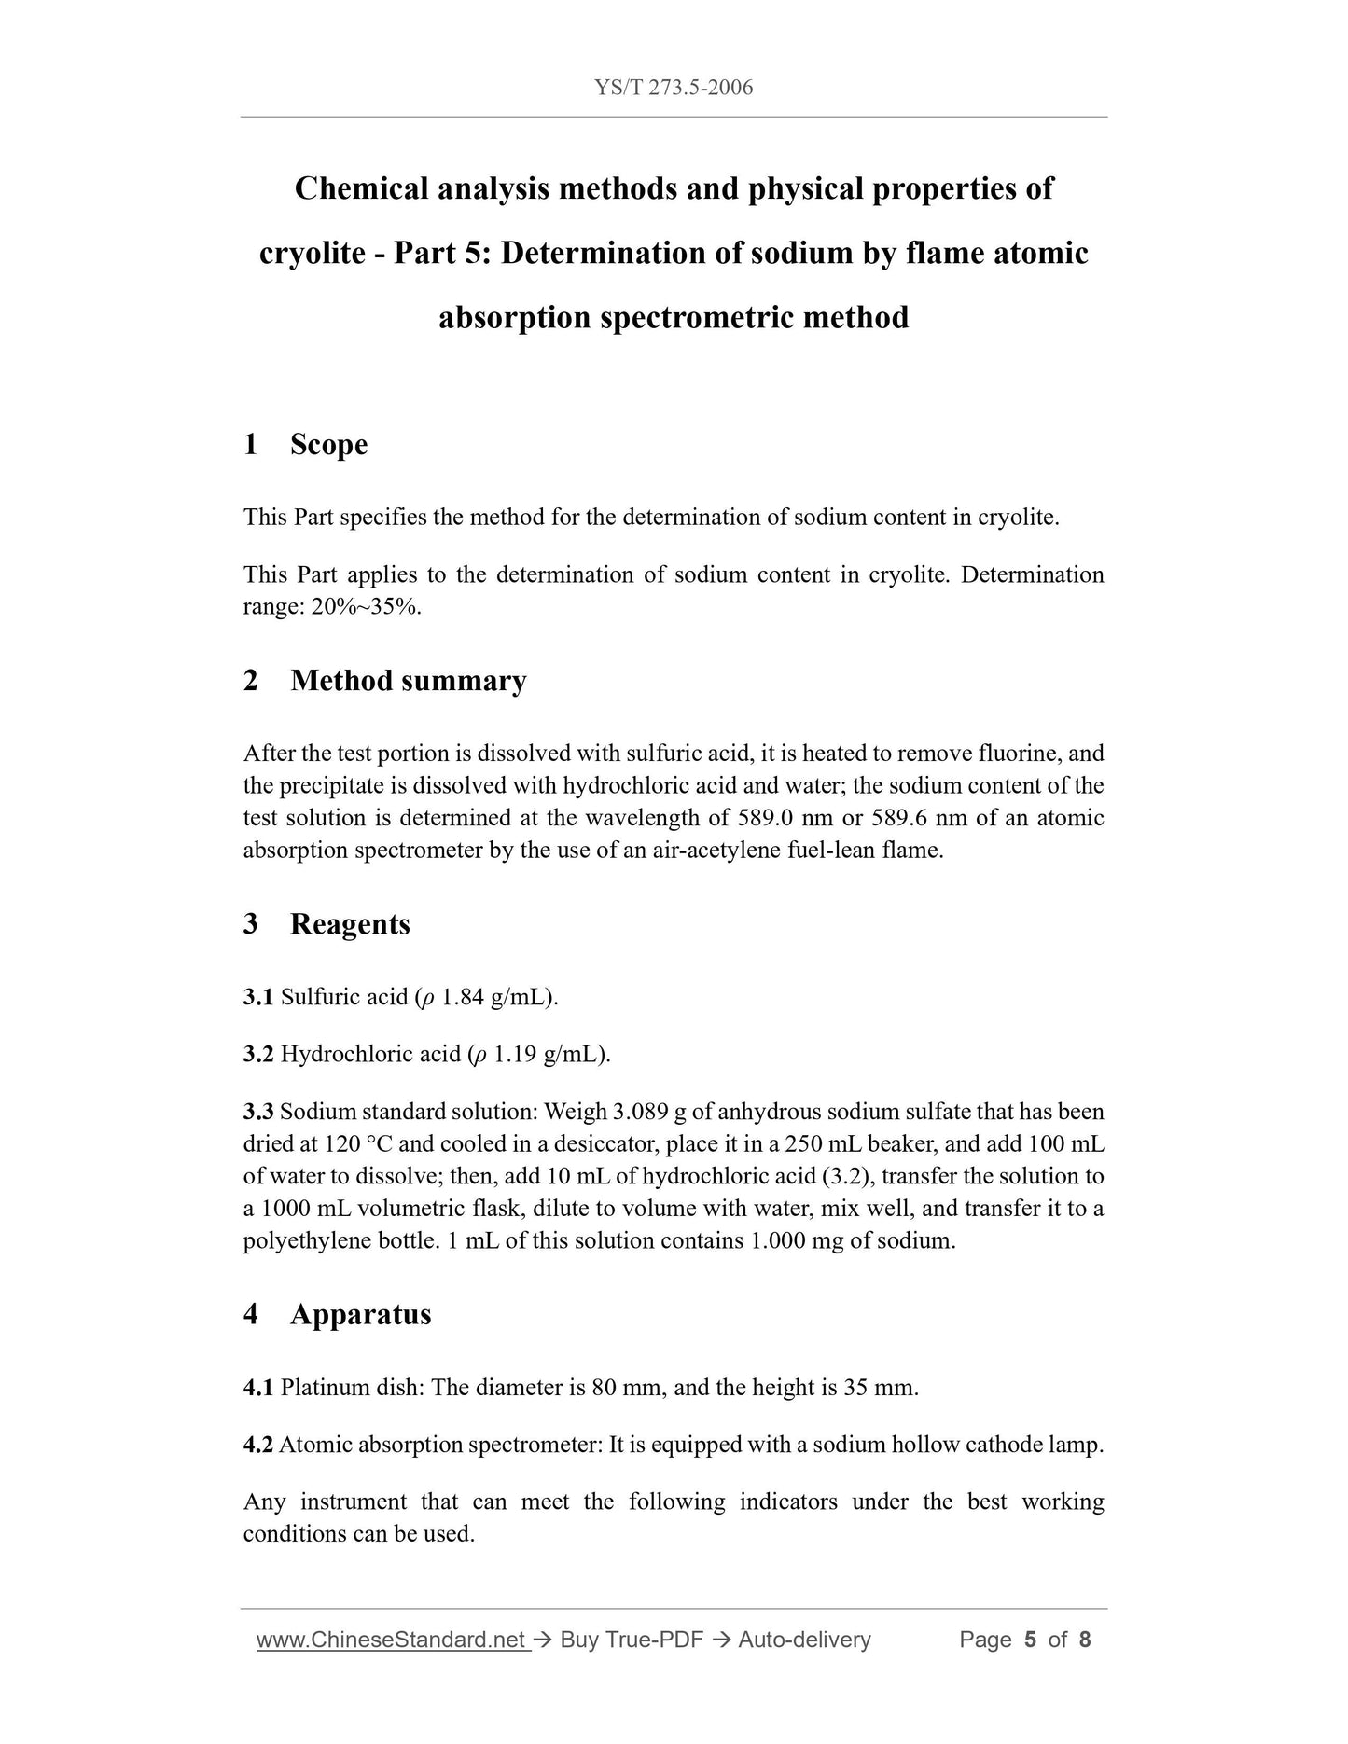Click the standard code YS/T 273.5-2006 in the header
coord(674,88)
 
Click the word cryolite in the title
coord(312,253)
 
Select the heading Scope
coord(328,444)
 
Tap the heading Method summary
coord(408,681)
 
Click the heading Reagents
coord(350,924)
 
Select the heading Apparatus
coord(360,1314)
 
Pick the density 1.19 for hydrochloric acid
coord(514,1055)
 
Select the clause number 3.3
coord(257,1112)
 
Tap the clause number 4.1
coord(257,1388)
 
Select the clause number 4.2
coord(257,1445)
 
